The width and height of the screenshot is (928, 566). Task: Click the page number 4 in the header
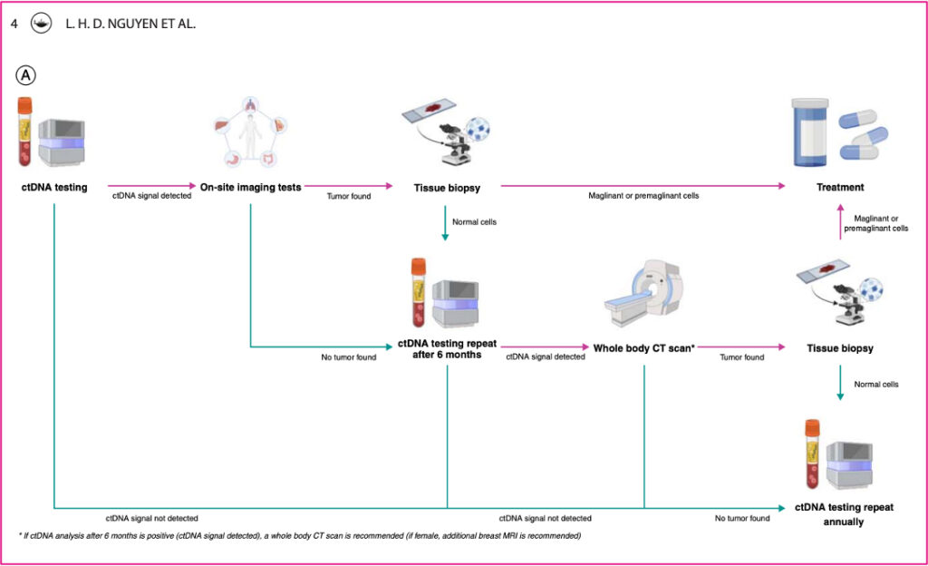[x=14, y=24]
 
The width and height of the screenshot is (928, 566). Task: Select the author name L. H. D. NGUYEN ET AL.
[x=130, y=24]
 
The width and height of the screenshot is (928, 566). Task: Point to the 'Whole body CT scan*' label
[x=643, y=347]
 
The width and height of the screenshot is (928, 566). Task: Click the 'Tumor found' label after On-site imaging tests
[x=349, y=197]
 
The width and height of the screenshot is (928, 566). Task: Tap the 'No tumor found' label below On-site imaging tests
[x=348, y=357]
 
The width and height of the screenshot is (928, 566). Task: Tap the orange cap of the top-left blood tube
[x=25, y=104]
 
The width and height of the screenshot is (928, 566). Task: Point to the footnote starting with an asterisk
[x=299, y=536]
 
